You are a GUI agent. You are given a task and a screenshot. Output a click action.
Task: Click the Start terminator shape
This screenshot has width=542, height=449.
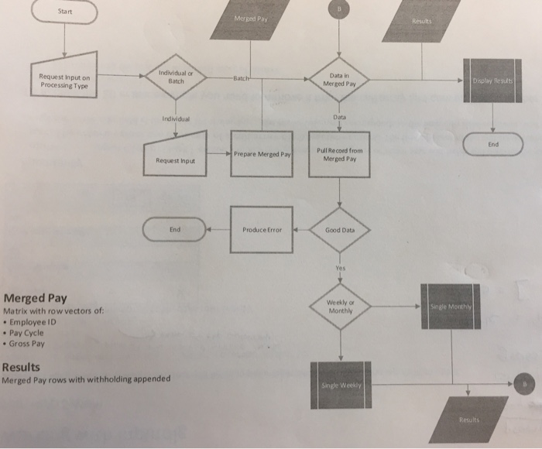click(x=63, y=12)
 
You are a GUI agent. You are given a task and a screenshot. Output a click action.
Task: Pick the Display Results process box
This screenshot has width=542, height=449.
click(x=492, y=80)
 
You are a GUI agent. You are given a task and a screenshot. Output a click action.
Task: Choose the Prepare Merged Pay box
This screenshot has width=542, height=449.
click(x=261, y=155)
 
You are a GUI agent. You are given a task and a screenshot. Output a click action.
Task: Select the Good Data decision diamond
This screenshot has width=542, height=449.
click(x=339, y=230)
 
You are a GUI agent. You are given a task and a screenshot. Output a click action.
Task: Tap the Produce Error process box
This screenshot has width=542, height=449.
click(x=260, y=230)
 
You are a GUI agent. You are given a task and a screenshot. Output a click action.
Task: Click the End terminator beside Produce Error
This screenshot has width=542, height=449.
click(x=175, y=229)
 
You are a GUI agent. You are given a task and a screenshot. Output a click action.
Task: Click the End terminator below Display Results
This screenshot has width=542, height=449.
click(x=492, y=144)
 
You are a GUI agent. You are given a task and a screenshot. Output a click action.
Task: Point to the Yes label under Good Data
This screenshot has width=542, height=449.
click(x=339, y=268)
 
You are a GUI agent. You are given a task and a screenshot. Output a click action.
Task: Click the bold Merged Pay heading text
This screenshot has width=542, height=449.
click(x=35, y=298)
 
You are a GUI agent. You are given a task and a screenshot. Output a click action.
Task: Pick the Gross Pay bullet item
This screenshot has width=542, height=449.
click(x=29, y=343)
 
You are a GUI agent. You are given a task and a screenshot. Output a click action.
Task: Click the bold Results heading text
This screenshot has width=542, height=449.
click(x=22, y=367)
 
